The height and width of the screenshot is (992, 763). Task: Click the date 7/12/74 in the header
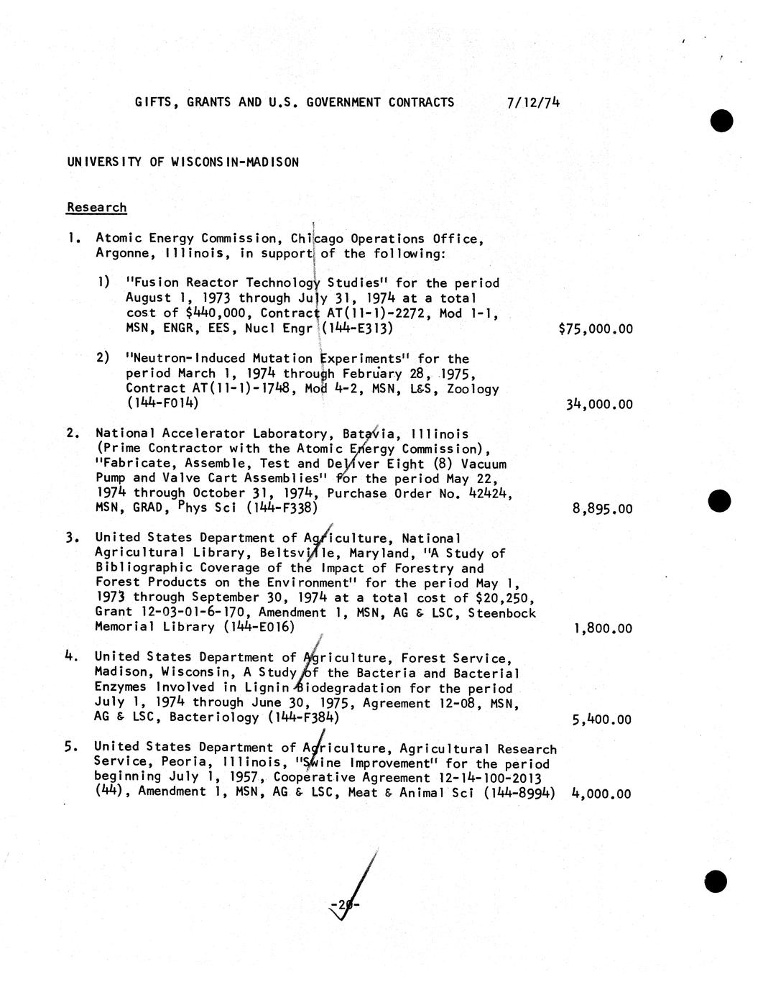(532, 102)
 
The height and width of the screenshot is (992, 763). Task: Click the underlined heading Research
(96, 208)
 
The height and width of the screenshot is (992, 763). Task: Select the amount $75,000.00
(596, 329)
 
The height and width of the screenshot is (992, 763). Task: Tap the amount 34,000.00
(599, 404)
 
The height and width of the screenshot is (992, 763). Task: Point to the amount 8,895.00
(602, 509)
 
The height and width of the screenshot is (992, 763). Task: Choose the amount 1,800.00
(602, 628)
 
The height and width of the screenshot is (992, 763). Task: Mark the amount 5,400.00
(601, 719)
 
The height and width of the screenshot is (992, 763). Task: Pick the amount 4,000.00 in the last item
(601, 794)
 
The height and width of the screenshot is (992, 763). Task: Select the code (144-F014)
(162, 403)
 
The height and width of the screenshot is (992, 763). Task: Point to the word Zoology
(472, 389)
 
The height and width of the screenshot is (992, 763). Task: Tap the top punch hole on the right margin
(721, 120)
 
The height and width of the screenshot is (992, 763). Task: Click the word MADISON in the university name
(273, 162)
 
